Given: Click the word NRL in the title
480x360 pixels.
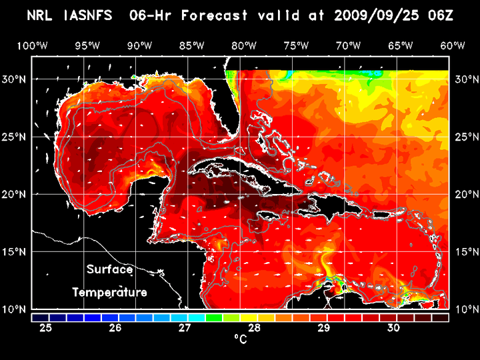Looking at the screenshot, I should click(41, 15).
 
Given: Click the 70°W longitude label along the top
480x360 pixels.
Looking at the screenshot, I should click(349, 45).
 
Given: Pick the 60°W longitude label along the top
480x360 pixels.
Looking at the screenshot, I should click(453, 45).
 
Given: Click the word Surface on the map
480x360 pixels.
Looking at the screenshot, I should click(109, 269).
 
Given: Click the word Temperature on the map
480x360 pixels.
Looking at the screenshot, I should click(109, 292).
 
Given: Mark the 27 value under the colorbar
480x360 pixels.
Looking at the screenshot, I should click(185, 328).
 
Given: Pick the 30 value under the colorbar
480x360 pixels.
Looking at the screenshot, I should click(393, 328).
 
